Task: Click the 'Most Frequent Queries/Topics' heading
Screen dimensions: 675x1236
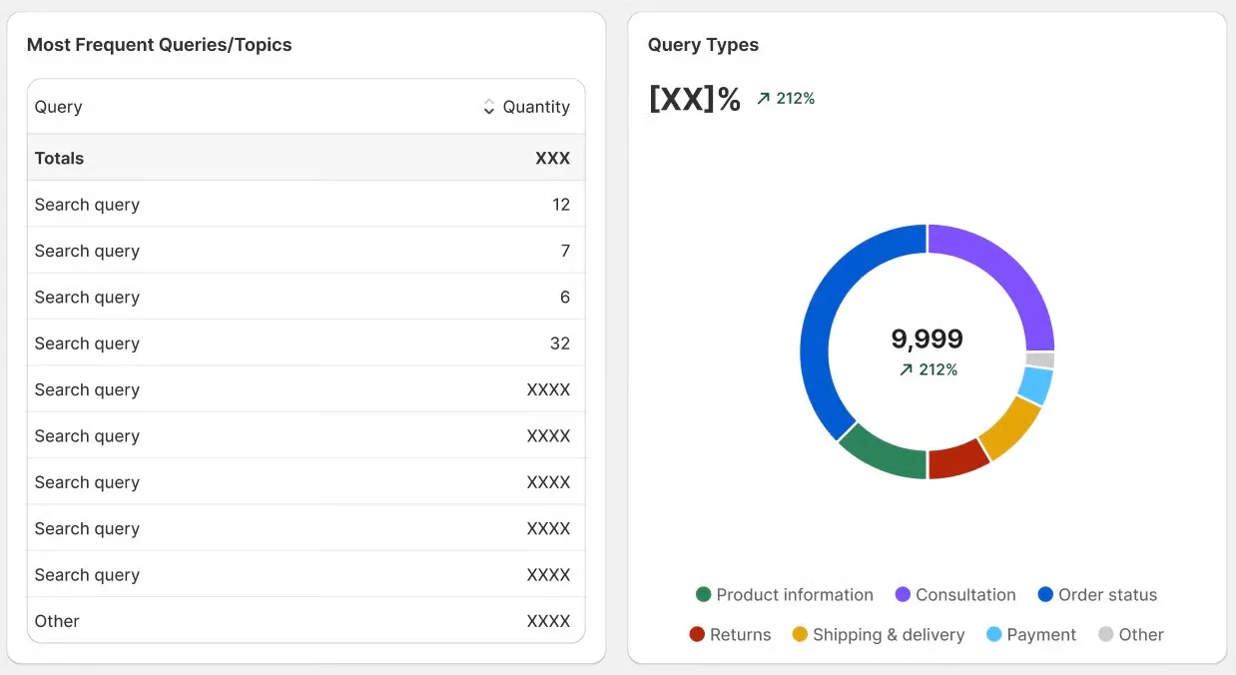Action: click(x=159, y=45)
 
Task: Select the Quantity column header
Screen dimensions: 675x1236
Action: click(x=536, y=107)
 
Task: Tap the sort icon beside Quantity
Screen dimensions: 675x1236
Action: click(x=488, y=107)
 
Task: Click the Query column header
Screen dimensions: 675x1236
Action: click(x=58, y=107)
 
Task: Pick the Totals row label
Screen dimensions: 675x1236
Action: click(x=59, y=158)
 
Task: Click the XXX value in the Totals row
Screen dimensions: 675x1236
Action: click(x=552, y=158)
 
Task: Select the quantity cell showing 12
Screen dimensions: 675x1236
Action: click(x=560, y=205)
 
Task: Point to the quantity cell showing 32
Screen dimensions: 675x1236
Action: click(x=559, y=343)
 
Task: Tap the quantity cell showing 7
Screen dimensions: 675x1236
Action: click(x=564, y=251)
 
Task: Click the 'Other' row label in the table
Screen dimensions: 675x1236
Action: click(x=57, y=621)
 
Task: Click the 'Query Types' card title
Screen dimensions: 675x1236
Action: click(x=703, y=45)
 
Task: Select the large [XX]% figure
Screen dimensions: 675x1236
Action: click(x=694, y=99)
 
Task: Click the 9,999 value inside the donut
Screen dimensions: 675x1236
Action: click(x=927, y=339)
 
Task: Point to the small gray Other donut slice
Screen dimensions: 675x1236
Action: click(x=1040, y=360)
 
